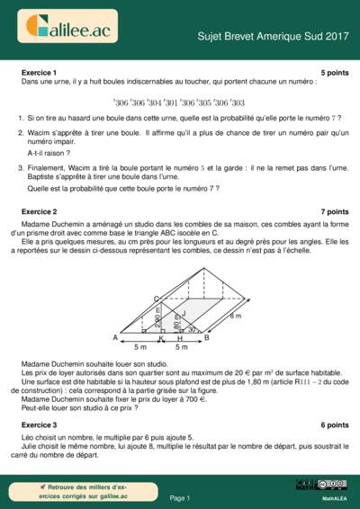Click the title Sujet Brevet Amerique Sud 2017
point(273,36)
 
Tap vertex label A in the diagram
point(115,337)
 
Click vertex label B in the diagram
point(206,337)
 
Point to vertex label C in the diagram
point(156,298)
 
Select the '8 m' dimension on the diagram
point(236,317)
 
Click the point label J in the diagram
point(184,313)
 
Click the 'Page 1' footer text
point(180,497)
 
